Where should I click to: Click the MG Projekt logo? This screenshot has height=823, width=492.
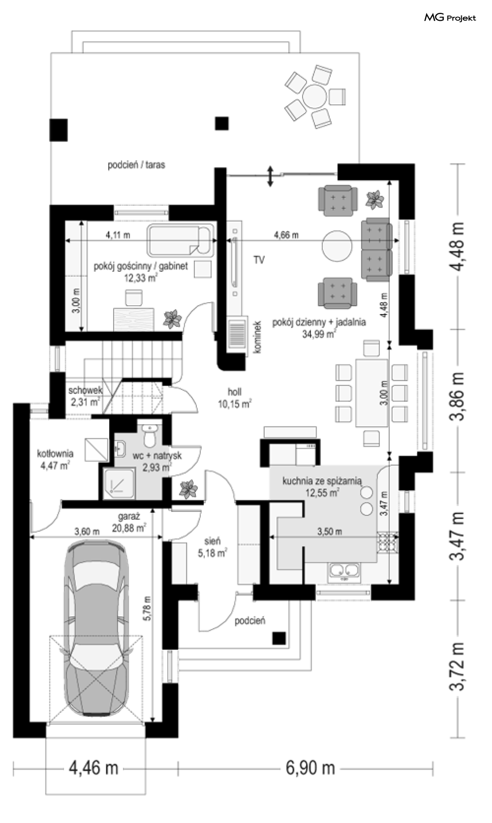tap(450, 17)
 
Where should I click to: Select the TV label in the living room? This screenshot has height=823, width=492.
tap(259, 260)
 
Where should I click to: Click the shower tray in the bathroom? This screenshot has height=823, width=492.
tap(119, 483)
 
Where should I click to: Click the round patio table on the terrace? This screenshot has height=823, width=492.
tap(314, 96)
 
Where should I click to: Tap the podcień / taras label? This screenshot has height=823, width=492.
tap(136, 165)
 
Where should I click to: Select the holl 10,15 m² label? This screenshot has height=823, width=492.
tap(235, 398)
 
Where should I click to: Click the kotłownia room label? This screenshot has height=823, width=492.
tap(55, 459)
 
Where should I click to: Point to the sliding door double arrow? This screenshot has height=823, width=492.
tap(270, 176)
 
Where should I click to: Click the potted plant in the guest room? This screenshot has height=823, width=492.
tap(172, 319)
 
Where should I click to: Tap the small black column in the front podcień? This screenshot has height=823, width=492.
tap(279, 638)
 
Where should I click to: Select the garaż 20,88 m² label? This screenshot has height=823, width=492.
tap(129, 522)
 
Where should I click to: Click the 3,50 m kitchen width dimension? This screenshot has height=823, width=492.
tap(330, 531)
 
